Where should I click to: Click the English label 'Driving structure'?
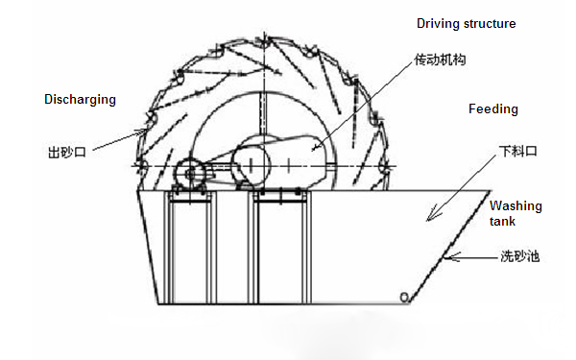[466, 23]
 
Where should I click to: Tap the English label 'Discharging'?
[79, 99]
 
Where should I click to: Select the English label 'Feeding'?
[492, 109]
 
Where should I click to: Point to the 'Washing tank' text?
[516, 213]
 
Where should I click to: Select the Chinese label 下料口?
[515, 152]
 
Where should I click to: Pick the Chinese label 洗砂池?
[519, 257]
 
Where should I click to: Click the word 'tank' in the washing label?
[503, 221]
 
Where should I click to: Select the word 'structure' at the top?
[491, 23]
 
